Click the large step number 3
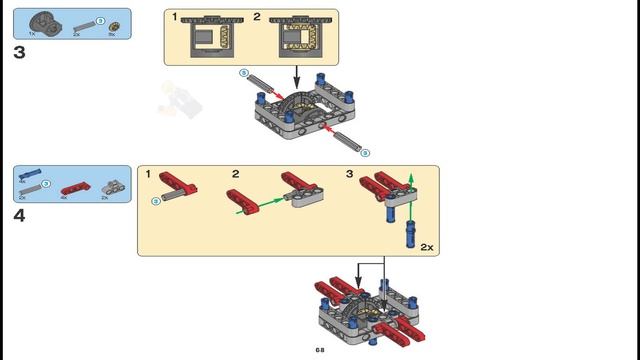[19, 52]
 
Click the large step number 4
[19, 215]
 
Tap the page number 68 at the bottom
[320, 350]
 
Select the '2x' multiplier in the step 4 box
[427, 245]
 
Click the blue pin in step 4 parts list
[29, 173]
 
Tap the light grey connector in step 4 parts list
[111, 186]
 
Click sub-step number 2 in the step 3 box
[257, 17]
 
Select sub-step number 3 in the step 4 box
[350, 174]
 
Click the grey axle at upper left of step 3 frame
[259, 81]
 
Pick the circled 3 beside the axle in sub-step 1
[155, 201]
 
